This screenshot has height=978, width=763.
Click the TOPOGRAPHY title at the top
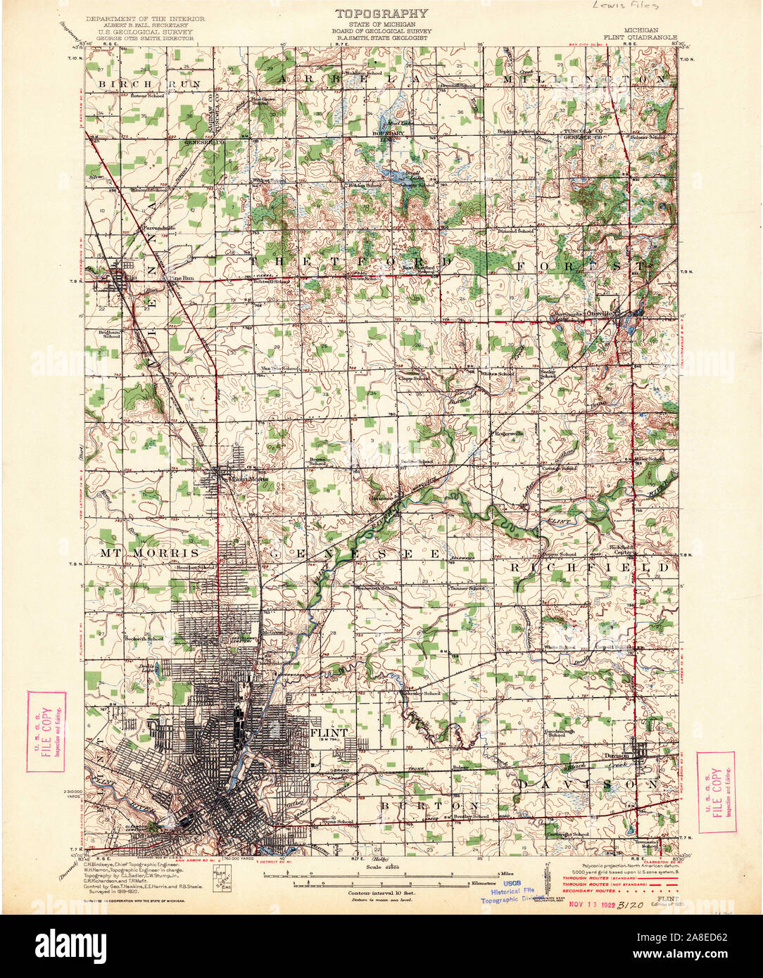(x=381, y=13)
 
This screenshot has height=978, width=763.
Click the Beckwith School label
(x=144, y=639)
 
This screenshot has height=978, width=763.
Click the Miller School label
(x=650, y=459)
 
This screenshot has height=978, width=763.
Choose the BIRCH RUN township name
(x=150, y=84)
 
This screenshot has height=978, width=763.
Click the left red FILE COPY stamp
(x=46, y=731)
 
